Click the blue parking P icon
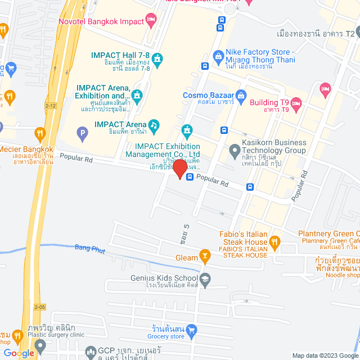[x=83, y=134]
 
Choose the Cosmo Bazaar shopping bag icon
[x=241, y=95]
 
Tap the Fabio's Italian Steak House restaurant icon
[x=274, y=242]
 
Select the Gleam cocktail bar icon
[x=206, y=258]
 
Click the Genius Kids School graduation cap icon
[x=206, y=278]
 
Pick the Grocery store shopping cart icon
[x=192, y=328]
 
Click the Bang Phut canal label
[x=89, y=247]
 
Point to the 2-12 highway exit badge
[x=52, y=105]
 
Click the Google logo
[x=19, y=353]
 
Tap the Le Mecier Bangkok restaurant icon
[x=39, y=134]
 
